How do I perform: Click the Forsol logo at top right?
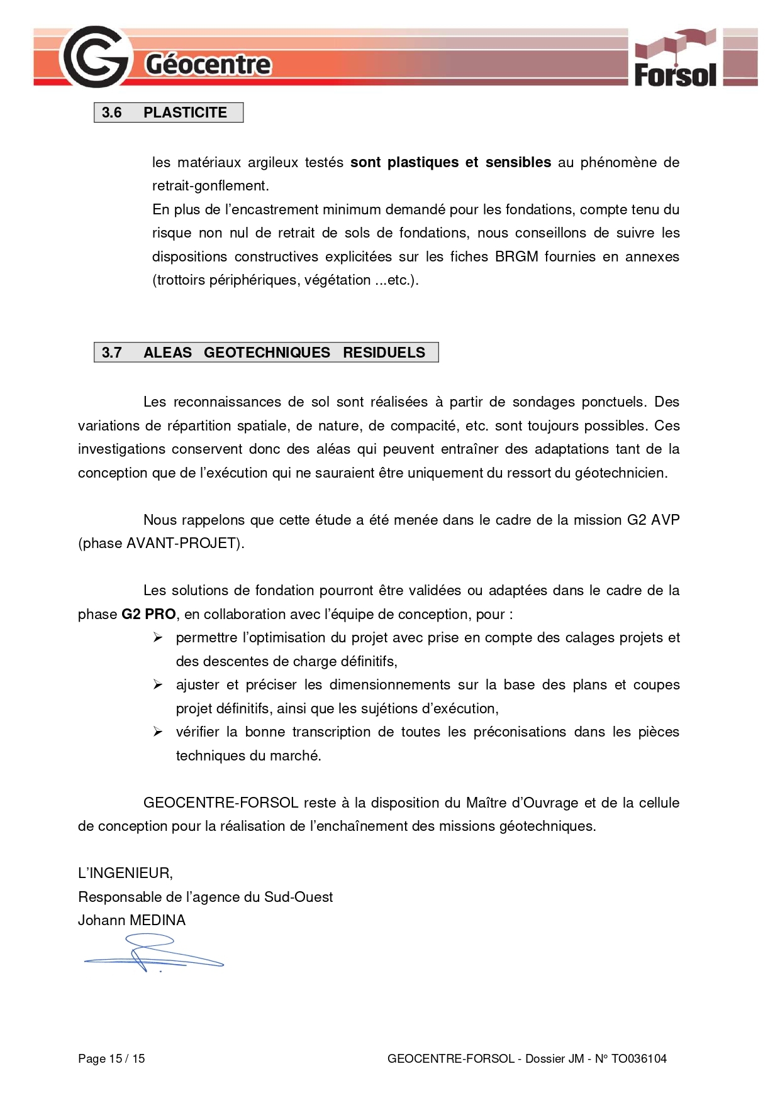675,58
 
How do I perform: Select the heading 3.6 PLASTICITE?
168,112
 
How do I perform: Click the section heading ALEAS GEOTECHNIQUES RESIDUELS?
284,353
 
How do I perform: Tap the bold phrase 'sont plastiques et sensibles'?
450,162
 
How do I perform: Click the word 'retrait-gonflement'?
209,185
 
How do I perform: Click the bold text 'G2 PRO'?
148,614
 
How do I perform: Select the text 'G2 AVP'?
653,520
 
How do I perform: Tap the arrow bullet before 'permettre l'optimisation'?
158,638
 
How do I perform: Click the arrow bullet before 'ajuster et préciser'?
158,685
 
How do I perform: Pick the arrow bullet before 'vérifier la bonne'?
158,732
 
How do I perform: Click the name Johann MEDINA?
131,920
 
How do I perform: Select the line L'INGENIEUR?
125,873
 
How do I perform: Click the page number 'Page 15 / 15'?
111,1058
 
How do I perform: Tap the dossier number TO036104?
638,1058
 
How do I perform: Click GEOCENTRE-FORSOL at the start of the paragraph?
221,803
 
